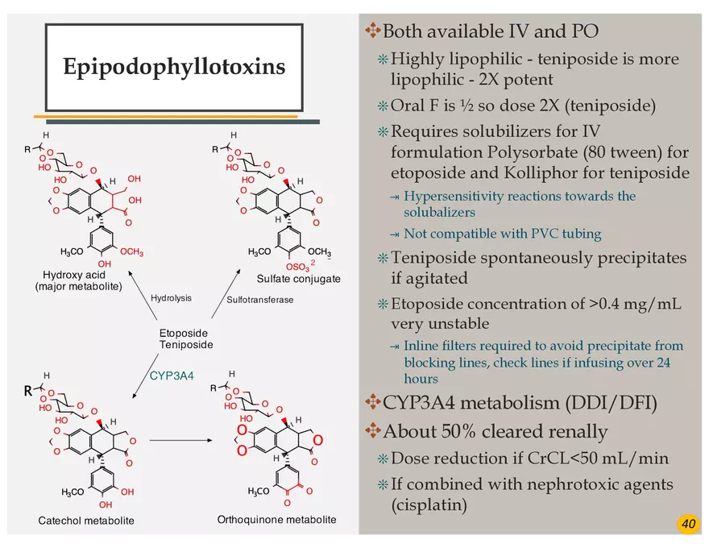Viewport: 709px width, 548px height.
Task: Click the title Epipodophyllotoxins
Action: pyautogui.click(x=174, y=66)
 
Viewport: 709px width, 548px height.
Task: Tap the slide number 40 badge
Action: pyautogui.click(x=688, y=525)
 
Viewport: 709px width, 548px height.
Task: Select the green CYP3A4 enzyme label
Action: pyautogui.click(x=172, y=375)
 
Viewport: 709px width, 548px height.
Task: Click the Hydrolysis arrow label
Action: pyautogui.click(x=171, y=298)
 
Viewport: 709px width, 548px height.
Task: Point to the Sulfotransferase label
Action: pyautogui.click(x=260, y=300)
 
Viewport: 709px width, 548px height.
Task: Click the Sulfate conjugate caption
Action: pyautogui.click(x=298, y=279)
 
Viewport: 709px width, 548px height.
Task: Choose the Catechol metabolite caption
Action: pyautogui.click(x=86, y=521)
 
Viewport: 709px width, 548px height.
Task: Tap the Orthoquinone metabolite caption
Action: pyautogui.click(x=276, y=519)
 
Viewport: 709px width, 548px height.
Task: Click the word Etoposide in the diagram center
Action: pyautogui.click(x=183, y=333)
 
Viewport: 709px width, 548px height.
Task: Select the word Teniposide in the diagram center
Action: pyautogui.click(x=186, y=345)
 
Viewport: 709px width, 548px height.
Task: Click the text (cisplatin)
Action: pyautogui.click(x=429, y=505)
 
